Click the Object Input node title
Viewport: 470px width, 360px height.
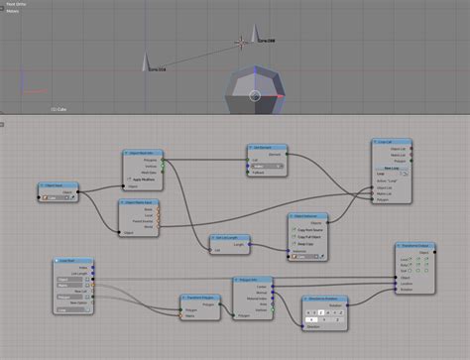coord(58,184)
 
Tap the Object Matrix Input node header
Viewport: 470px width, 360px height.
coord(140,202)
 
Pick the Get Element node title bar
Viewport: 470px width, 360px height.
coord(268,147)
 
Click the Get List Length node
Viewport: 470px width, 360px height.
coord(230,238)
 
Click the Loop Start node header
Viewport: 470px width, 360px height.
coord(72,260)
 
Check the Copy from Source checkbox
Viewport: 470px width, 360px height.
coord(295,229)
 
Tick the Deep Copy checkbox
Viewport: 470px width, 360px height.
coord(295,243)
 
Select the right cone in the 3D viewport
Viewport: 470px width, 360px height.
coord(256,33)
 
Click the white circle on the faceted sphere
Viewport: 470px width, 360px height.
coord(254,96)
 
